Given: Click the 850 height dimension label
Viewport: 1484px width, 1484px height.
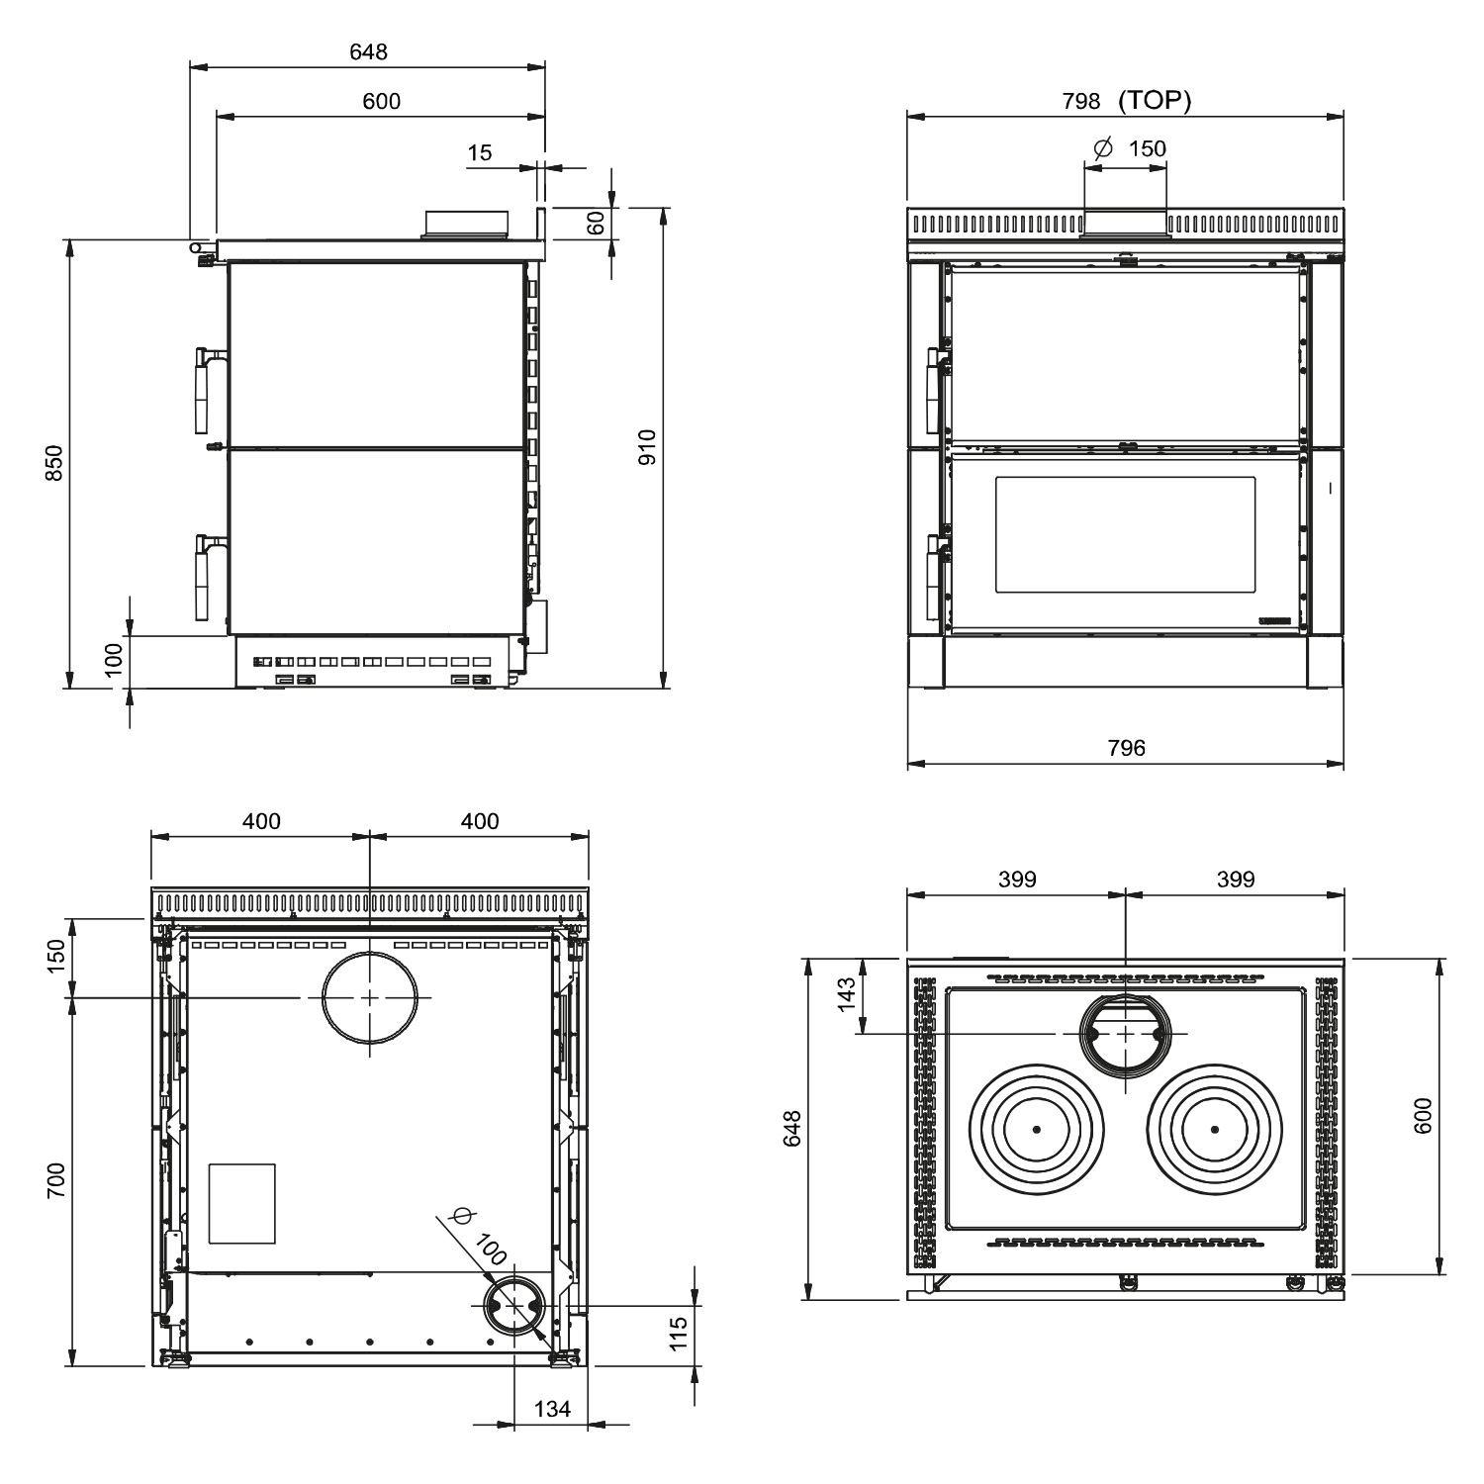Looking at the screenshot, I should pyautogui.click(x=55, y=463).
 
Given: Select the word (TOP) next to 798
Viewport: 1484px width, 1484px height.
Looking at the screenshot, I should pyautogui.click(x=1155, y=100).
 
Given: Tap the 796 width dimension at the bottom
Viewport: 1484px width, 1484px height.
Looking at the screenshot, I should pyautogui.click(x=1126, y=748).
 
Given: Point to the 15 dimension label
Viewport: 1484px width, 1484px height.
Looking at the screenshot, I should pyautogui.click(x=479, y=152).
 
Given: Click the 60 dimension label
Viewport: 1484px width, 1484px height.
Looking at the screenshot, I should pyautogui.click(x=596, y=223).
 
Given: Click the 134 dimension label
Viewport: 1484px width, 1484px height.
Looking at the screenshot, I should pyautogui.click(x=552, y=1408).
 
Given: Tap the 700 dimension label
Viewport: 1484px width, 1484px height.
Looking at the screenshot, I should pyautogui.click(x=55, y=1181).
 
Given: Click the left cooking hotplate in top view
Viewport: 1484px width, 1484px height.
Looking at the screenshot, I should pyautogui.click(x=1036, y=1130).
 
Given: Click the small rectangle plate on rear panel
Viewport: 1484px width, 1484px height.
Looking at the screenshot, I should pyautogui.click(x=241, y=1203).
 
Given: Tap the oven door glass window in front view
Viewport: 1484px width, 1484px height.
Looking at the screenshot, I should pyautogui.click(x=1125, y=534).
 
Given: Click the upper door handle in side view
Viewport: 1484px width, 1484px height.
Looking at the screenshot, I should pyautogui.click(x=205, y=391).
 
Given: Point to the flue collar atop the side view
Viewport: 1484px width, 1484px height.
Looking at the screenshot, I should pyautogui.click(x=466, y=224).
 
